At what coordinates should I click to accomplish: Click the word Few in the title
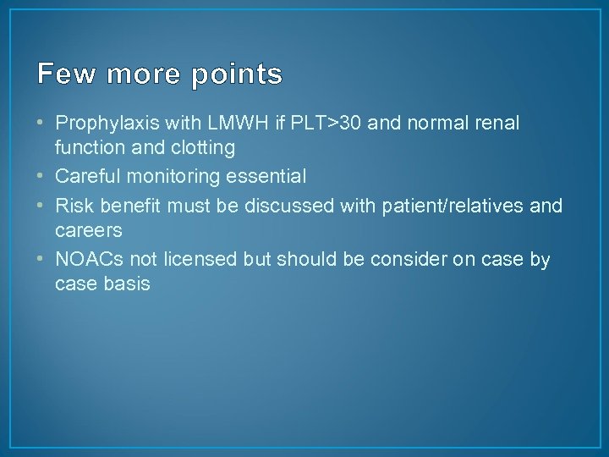pos(61,74)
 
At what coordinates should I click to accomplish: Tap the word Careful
pos(84,177)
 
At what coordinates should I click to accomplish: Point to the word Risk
pos(74,206)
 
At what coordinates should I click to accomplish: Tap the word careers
pos(88,231)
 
